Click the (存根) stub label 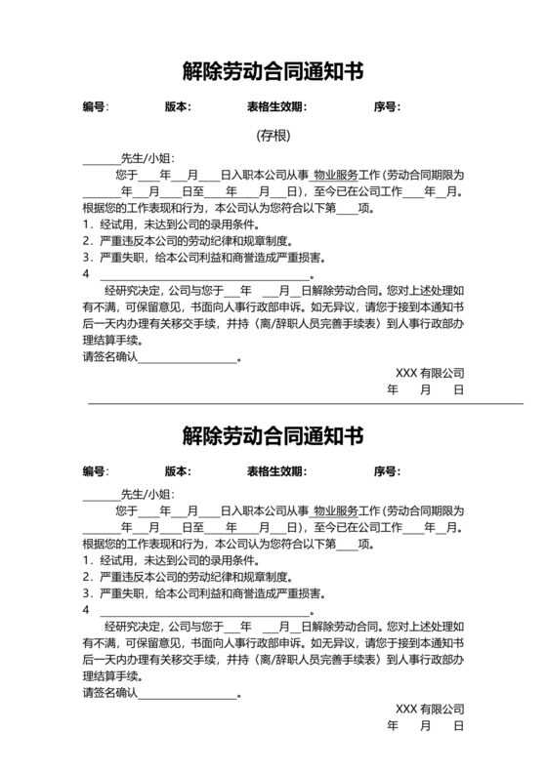tap(273, 135)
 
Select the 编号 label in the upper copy tap(95, 106)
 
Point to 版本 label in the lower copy tap(177, 470)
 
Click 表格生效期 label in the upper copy tap(277, 106)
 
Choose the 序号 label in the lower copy tap(387, 470)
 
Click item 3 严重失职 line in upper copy tap(204, 258)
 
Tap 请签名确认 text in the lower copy tap(111, 693)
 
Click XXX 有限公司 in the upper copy tap(430, 373)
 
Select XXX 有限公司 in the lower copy tap(430, 709)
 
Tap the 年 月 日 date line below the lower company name tap(426, 726)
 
